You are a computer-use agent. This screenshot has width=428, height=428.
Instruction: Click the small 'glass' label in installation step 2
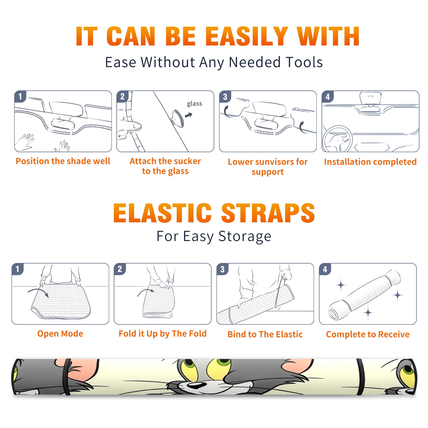point(194,104)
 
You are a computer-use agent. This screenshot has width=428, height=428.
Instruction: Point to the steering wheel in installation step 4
point(338,139)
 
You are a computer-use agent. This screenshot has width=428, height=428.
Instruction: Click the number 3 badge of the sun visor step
point(225,97)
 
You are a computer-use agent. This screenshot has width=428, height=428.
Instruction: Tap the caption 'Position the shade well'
point(63,161)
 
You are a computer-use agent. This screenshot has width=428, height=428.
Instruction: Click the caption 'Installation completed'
point(370,162)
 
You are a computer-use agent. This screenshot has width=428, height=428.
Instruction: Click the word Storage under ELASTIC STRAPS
point(245,236)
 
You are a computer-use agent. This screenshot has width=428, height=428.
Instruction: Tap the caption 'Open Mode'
point(60,334)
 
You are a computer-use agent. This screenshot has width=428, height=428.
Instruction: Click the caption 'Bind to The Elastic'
point(265,334)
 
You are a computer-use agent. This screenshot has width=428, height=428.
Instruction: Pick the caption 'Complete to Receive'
point(368,334)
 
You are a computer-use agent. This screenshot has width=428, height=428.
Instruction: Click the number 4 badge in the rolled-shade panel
point(325,269)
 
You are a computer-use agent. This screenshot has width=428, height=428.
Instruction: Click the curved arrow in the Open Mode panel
point(38,290)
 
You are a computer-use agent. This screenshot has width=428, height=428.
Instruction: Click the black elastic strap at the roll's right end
point(361,377)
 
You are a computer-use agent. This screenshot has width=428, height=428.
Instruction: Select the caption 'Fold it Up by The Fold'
point(163,334)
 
